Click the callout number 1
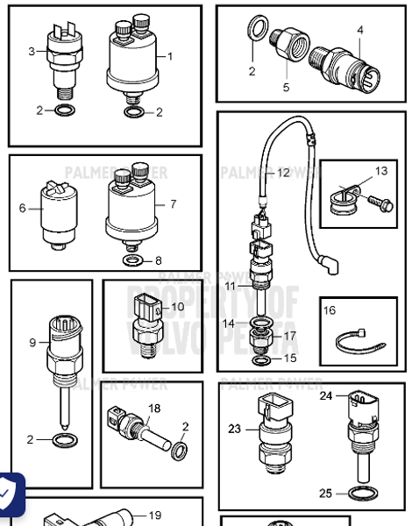point(170,57)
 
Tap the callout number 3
point(32,52)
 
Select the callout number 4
point(359,30)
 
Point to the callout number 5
point(286,88)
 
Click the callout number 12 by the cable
point(282,174)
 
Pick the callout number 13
point(380,171)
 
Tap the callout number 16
point(330,310)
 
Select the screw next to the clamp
point(382,206)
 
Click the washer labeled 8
point(132,260)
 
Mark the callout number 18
point(154,409)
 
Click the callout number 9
point(32,343)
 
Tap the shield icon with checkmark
point(8,495)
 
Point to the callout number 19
point(154,515)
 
